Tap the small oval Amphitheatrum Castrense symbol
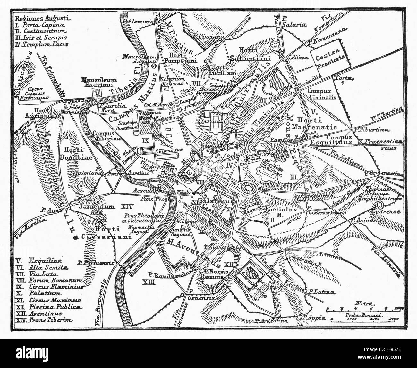[381, 205]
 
